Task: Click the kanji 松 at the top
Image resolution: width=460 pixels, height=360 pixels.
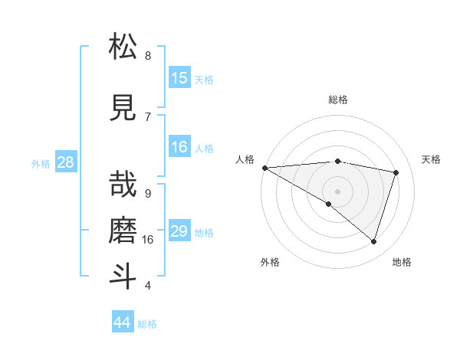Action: tap(123, 47)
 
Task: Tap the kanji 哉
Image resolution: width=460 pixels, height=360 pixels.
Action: tap(123, 183)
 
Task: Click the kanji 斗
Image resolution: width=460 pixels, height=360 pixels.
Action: tap(123, 276)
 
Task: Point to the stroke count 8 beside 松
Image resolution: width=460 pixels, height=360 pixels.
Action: tap(147, 56)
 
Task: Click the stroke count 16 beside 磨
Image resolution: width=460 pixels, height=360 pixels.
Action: tap(148, 239)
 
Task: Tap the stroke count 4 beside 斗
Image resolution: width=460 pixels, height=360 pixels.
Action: tap(147, 286)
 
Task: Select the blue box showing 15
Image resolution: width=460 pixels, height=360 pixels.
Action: tap(179, 78)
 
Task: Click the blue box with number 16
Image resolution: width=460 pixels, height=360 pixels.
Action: tap(179, 147)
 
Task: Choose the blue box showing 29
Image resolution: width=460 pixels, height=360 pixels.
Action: tap(179, 231)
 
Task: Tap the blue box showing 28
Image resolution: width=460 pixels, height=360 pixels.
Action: tap(65, 162)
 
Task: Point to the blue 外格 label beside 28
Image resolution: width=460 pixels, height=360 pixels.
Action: tap(41, 163)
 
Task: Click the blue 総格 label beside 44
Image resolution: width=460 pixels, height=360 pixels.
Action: tap(147, 324)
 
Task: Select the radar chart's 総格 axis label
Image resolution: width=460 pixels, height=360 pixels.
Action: tap(337, 100)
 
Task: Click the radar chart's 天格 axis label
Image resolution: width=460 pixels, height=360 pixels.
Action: tap(431, 159)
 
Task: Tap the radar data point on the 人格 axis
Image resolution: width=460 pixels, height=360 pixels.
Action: tap(264, 168)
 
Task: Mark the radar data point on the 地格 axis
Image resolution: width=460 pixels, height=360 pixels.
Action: tap(373, 241)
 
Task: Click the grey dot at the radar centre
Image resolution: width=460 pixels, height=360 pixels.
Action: tap(337, 190)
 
